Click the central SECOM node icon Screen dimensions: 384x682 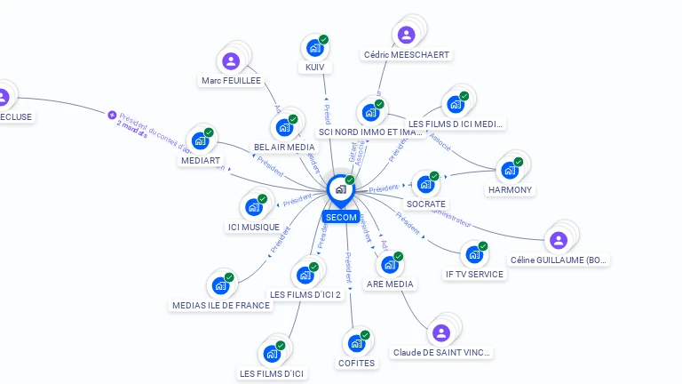point(340,189)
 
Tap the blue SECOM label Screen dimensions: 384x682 point(341,217)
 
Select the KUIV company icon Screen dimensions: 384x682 point(314,48)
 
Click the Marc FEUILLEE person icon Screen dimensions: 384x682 point(231,61)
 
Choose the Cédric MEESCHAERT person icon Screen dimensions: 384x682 point(406,36)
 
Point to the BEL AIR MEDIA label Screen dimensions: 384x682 point(284,147)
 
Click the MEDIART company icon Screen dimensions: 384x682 point(200,141)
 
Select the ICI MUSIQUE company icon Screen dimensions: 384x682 point(253,207)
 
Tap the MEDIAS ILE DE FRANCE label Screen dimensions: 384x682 point(221,305)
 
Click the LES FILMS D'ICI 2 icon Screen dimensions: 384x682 point(305,274)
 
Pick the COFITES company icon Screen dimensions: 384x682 point(356,343)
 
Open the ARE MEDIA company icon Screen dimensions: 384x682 point(389,265)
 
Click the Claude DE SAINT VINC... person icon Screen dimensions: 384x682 point(440,333)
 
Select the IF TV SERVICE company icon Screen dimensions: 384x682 point(474,254)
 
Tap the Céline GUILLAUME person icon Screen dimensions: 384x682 point(558,240)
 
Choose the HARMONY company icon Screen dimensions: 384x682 point(510,170)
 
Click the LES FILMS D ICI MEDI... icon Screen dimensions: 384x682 point(456,104)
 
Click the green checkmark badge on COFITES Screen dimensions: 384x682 point(365,335)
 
